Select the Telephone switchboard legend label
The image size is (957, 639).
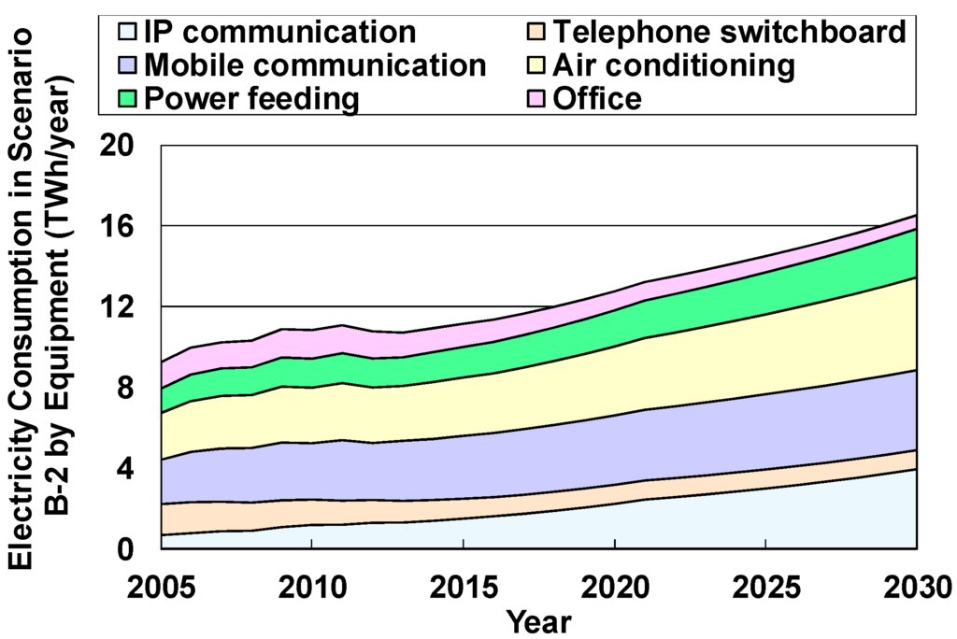coord(729,33)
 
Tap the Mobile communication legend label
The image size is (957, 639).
coord(316,65)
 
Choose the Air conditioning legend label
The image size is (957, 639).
coord(673,65)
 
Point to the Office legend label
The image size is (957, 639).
coord(597,98)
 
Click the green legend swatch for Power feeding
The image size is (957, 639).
coord(129,98)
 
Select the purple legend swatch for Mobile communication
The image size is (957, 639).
coord(129,65)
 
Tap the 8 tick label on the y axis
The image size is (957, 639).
coord(130,387)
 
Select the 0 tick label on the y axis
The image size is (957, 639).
coord(130,548)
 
